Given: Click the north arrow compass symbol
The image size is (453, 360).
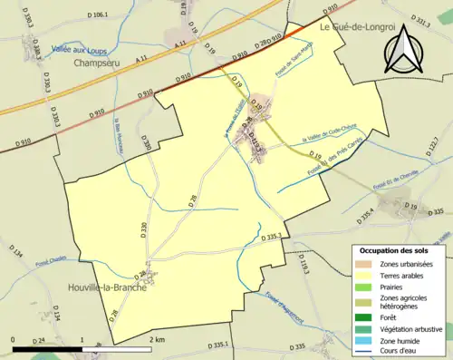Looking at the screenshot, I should [405, 51].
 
